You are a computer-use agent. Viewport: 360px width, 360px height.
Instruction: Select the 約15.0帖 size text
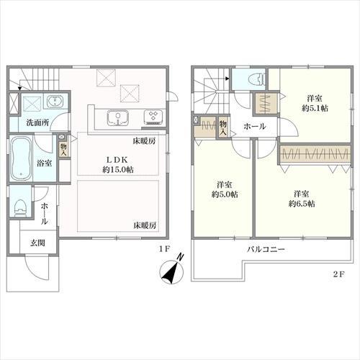click(x=119, y=170)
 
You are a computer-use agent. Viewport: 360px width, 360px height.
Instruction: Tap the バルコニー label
click(x=266, y=249)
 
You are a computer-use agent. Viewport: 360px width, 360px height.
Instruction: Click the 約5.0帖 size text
click(x=224, y=194)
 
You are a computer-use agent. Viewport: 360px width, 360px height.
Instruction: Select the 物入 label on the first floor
click(x=64, y=148)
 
